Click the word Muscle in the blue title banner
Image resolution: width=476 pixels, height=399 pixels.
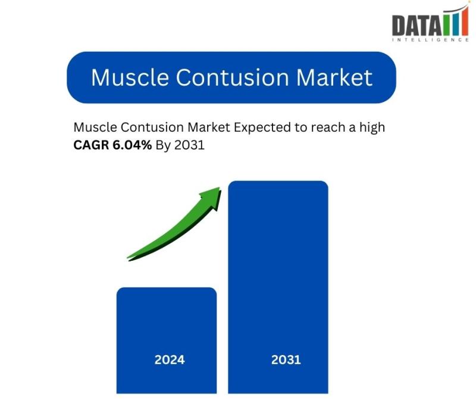130,77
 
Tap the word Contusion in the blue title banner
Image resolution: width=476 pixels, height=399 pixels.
232,77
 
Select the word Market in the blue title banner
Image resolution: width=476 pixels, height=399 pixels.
334,77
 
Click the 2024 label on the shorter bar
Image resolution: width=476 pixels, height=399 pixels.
170,360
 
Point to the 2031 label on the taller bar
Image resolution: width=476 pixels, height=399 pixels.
286,360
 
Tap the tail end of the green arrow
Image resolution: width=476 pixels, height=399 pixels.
128,258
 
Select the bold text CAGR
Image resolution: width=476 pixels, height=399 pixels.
91,145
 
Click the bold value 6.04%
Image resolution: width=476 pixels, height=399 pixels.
132,145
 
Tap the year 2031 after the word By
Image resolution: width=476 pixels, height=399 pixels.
189,145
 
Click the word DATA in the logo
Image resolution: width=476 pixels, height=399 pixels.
417,26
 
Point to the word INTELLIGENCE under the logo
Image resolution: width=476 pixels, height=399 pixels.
430,40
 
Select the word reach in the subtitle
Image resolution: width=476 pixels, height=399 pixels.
329,127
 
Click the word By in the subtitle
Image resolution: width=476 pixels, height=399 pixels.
162,145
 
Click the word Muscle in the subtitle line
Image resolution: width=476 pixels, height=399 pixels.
95,127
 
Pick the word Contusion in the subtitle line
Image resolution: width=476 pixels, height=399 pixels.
152,127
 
